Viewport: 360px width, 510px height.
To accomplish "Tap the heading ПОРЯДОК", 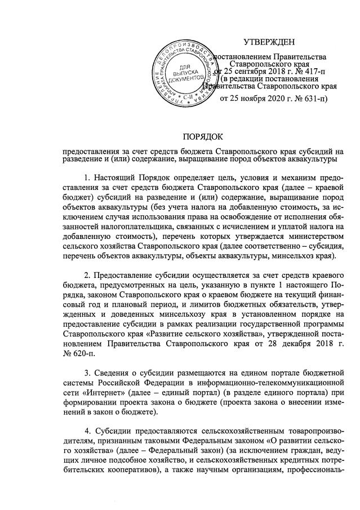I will [x=203, y=136].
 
